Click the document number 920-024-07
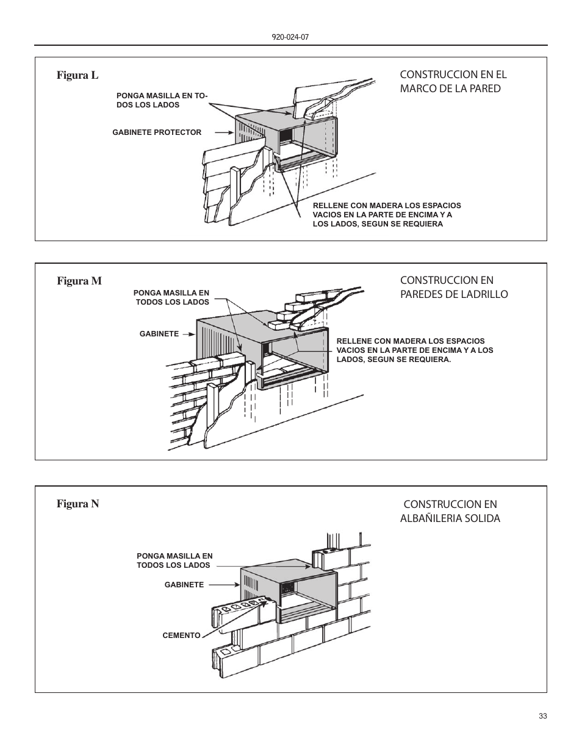[x=290, y=37]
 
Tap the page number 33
[x=542, y=716]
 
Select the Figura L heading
[x=77, y=75]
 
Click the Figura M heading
[x=79, y=281]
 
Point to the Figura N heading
[x=77, y=504]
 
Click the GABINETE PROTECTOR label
[x=157, y=132]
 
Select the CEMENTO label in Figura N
[x=181, y=636]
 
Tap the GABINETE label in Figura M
[x=159, y=334]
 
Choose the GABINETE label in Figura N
[x=184, y=585]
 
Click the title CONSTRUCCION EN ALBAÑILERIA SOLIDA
[x=450, y=511]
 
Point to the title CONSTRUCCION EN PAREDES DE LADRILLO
[x=453, y=287]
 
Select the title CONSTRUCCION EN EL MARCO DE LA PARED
[x=453, y=81]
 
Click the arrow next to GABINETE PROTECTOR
[x=219, y=132]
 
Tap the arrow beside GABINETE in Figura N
[x=223, y=585]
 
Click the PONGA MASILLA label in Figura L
[x=162, y=100]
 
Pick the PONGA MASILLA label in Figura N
[x=174, y=560]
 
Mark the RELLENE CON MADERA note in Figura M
[x=414, y=350]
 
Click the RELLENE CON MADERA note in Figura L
[x=386, y=215]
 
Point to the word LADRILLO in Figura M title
[x=484, y=294]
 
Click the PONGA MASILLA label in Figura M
[x=171, y=297]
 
